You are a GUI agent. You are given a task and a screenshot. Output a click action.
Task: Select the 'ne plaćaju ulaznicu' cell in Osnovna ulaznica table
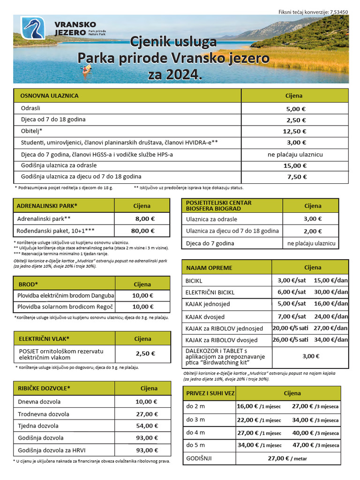(x=295, y=154)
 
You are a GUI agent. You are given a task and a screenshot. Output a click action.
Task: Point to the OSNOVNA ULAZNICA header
(x=49, y=96)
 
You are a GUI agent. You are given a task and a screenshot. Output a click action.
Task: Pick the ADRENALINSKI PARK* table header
(x=47, y=206)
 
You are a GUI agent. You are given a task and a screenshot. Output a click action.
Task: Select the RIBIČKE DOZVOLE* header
(x=44, y=388)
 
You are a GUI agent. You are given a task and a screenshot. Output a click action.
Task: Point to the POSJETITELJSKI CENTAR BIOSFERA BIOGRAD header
(x=218, y=205)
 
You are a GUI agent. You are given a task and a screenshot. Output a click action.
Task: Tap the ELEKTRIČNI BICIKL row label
(x=210, y=292)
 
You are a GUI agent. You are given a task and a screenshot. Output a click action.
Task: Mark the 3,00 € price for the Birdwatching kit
(x=311, y=356)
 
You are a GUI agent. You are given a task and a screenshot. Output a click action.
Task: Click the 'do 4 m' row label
(x=195, y=432)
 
